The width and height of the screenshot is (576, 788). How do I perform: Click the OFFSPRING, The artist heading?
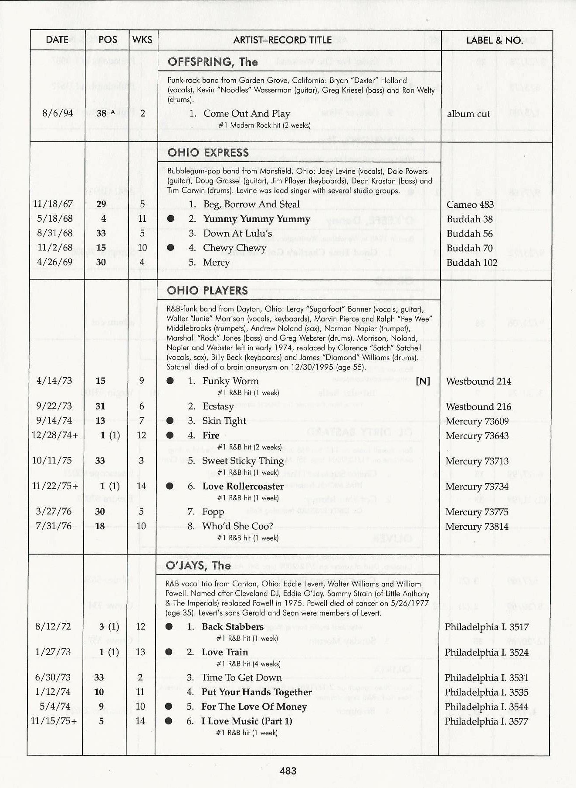pos(213,62)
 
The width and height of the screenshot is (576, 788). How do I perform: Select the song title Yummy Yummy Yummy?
pos(257,219)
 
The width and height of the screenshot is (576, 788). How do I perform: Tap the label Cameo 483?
pos(470,204)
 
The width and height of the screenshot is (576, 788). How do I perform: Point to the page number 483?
pos(288,771)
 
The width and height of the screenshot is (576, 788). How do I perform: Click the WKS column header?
pos(142,40)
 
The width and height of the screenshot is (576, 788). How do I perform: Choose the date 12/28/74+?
pos(55,435)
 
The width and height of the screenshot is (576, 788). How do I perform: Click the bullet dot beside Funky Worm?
pos(170,381)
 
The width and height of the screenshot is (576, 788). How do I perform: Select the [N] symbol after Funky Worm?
pos(423,381)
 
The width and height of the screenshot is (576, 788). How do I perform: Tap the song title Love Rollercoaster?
pos(243,486)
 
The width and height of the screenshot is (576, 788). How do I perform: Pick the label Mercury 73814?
pos(477,526)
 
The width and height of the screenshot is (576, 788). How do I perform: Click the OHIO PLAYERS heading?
pos(207,291)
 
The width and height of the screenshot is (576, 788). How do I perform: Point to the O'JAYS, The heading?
pos(198,565)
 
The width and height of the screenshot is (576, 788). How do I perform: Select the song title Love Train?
pos(225,652)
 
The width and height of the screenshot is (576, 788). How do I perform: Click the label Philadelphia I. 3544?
pos(486,707)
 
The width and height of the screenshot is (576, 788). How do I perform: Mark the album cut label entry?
pos(468,114)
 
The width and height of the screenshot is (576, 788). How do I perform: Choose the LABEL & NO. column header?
pos(495,41)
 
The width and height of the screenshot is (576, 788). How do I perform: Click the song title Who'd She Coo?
pos(237,526)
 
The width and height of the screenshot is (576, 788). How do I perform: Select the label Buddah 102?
pos(472,263)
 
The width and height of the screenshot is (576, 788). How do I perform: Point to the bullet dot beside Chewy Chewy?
pos(171,247)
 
